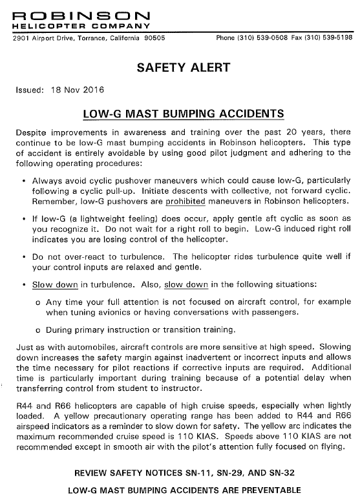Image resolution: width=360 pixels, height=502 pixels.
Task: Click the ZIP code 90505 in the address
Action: (x=153, y=38)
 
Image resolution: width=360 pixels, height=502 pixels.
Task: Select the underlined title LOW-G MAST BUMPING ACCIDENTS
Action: (x=184, y=114)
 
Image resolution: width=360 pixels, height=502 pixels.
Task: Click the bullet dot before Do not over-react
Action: (x=24, y=257)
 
